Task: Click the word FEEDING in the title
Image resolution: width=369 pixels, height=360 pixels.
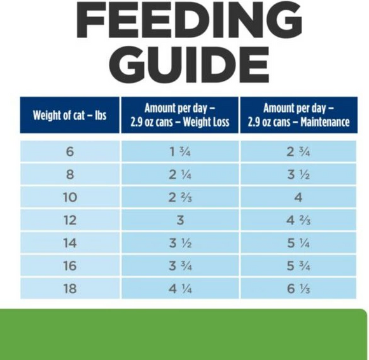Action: [184, 21]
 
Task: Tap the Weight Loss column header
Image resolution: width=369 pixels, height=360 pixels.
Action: [180, 115]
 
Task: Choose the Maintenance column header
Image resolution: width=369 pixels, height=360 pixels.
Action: [298, 115]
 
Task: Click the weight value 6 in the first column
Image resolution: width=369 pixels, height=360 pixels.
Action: [69, 151]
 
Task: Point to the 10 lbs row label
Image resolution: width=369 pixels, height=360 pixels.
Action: [69, 197]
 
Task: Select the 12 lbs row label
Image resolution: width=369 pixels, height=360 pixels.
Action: [69, 220]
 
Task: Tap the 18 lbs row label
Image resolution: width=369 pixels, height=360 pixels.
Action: [69, 288]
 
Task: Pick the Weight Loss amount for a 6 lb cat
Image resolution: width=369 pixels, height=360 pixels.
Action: [180, 151]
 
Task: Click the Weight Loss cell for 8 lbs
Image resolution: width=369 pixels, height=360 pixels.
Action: [180, 174]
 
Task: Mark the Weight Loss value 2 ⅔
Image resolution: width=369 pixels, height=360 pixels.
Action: [180, 197]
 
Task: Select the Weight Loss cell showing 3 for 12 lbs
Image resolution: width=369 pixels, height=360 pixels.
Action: [180, 220]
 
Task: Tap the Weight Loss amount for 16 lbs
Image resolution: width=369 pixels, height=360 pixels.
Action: [180, 266]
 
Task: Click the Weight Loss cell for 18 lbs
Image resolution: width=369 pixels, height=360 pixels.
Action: [180, 288]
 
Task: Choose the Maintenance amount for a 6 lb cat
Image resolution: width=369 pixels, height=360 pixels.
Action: [298, 151]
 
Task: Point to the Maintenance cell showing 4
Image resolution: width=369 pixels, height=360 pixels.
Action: [298, 197]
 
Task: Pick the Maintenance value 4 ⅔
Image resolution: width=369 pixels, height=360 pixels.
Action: [298, 220]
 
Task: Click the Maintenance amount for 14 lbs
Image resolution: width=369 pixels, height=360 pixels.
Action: [298, 243]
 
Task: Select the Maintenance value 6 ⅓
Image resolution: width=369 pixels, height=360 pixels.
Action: [298, 288]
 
